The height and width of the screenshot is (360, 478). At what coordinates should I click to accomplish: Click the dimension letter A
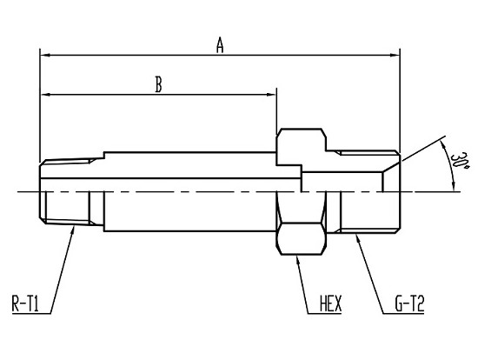[x=220, y=45]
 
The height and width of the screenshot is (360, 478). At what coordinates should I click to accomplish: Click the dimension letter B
[x=158, y=84]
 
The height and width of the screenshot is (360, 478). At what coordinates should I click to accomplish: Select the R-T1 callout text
[x=25, y=303]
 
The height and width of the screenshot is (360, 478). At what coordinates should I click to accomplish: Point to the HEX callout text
[x=331, y=303]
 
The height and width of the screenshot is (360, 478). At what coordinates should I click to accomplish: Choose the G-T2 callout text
[x=409, y=303]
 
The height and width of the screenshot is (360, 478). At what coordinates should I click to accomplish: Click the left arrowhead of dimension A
[x=45, y=56]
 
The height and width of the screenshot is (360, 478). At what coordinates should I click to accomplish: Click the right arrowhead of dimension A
[x=395, y=56]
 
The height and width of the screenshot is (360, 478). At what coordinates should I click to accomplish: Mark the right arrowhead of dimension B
[x=271, y=95]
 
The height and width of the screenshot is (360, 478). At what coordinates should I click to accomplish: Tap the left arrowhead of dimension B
[x=45, y=95]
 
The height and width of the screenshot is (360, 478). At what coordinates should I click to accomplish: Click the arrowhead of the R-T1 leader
[x=73, y=230]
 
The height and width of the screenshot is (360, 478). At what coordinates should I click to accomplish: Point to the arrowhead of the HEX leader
[x=298, y=260]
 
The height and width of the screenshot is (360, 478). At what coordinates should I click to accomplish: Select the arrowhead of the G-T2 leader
[x=358, y=238]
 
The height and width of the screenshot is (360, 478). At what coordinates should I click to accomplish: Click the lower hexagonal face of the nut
[x=301, y=238]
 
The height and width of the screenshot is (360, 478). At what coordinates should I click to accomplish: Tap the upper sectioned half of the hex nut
[x=302, y=147]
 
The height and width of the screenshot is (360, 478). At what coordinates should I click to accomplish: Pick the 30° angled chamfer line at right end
[x=391, y=167]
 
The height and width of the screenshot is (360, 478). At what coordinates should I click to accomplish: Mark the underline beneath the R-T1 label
[x=31, y=313]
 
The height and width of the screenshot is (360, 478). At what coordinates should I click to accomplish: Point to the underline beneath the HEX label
[x=324, y=313]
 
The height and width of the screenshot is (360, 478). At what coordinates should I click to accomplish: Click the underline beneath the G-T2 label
[x=403, y=313]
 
